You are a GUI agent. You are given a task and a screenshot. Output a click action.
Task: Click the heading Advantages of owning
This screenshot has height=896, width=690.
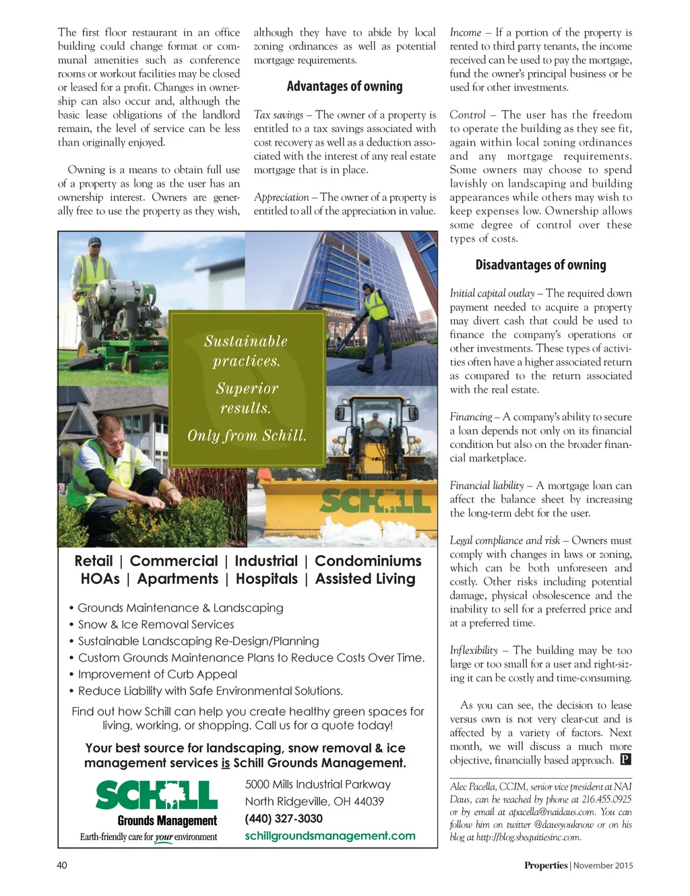pos(344,86)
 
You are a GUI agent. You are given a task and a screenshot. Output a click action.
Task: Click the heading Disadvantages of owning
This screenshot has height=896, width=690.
pos(540,265)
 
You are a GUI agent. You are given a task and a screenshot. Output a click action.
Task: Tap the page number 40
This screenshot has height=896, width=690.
pos(62,865)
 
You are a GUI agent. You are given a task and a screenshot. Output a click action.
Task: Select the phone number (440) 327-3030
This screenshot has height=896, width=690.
pos(284,819)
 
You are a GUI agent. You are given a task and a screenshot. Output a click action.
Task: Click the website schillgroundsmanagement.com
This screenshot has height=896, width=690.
pos(330,836)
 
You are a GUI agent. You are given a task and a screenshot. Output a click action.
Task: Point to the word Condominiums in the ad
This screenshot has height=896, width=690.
pos(368,561)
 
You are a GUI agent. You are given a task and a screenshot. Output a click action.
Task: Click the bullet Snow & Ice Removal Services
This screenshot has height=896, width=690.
pos(156,625)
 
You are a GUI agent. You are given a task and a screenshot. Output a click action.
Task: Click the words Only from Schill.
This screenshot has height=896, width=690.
pos(247,436)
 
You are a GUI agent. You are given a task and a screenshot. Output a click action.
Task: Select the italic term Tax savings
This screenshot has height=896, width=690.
pos(278,115)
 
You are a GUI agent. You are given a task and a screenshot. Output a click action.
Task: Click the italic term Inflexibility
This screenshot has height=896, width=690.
pos(474,650)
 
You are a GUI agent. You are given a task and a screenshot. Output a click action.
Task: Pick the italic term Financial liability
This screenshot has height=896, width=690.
pos(487,486)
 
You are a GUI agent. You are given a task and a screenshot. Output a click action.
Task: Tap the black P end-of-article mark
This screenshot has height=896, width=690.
pos(625,760)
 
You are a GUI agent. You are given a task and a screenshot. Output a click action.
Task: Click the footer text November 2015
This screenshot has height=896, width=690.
pos(604,866)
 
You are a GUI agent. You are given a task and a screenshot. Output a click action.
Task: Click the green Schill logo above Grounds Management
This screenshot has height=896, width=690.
pos(156,795)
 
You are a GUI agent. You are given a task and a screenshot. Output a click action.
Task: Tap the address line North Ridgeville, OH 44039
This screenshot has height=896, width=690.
pos(314,802)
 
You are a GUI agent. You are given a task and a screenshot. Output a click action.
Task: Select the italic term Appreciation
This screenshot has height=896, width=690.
pos(281,197)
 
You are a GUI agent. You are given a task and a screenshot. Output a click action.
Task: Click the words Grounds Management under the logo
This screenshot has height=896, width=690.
pos(167,821)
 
